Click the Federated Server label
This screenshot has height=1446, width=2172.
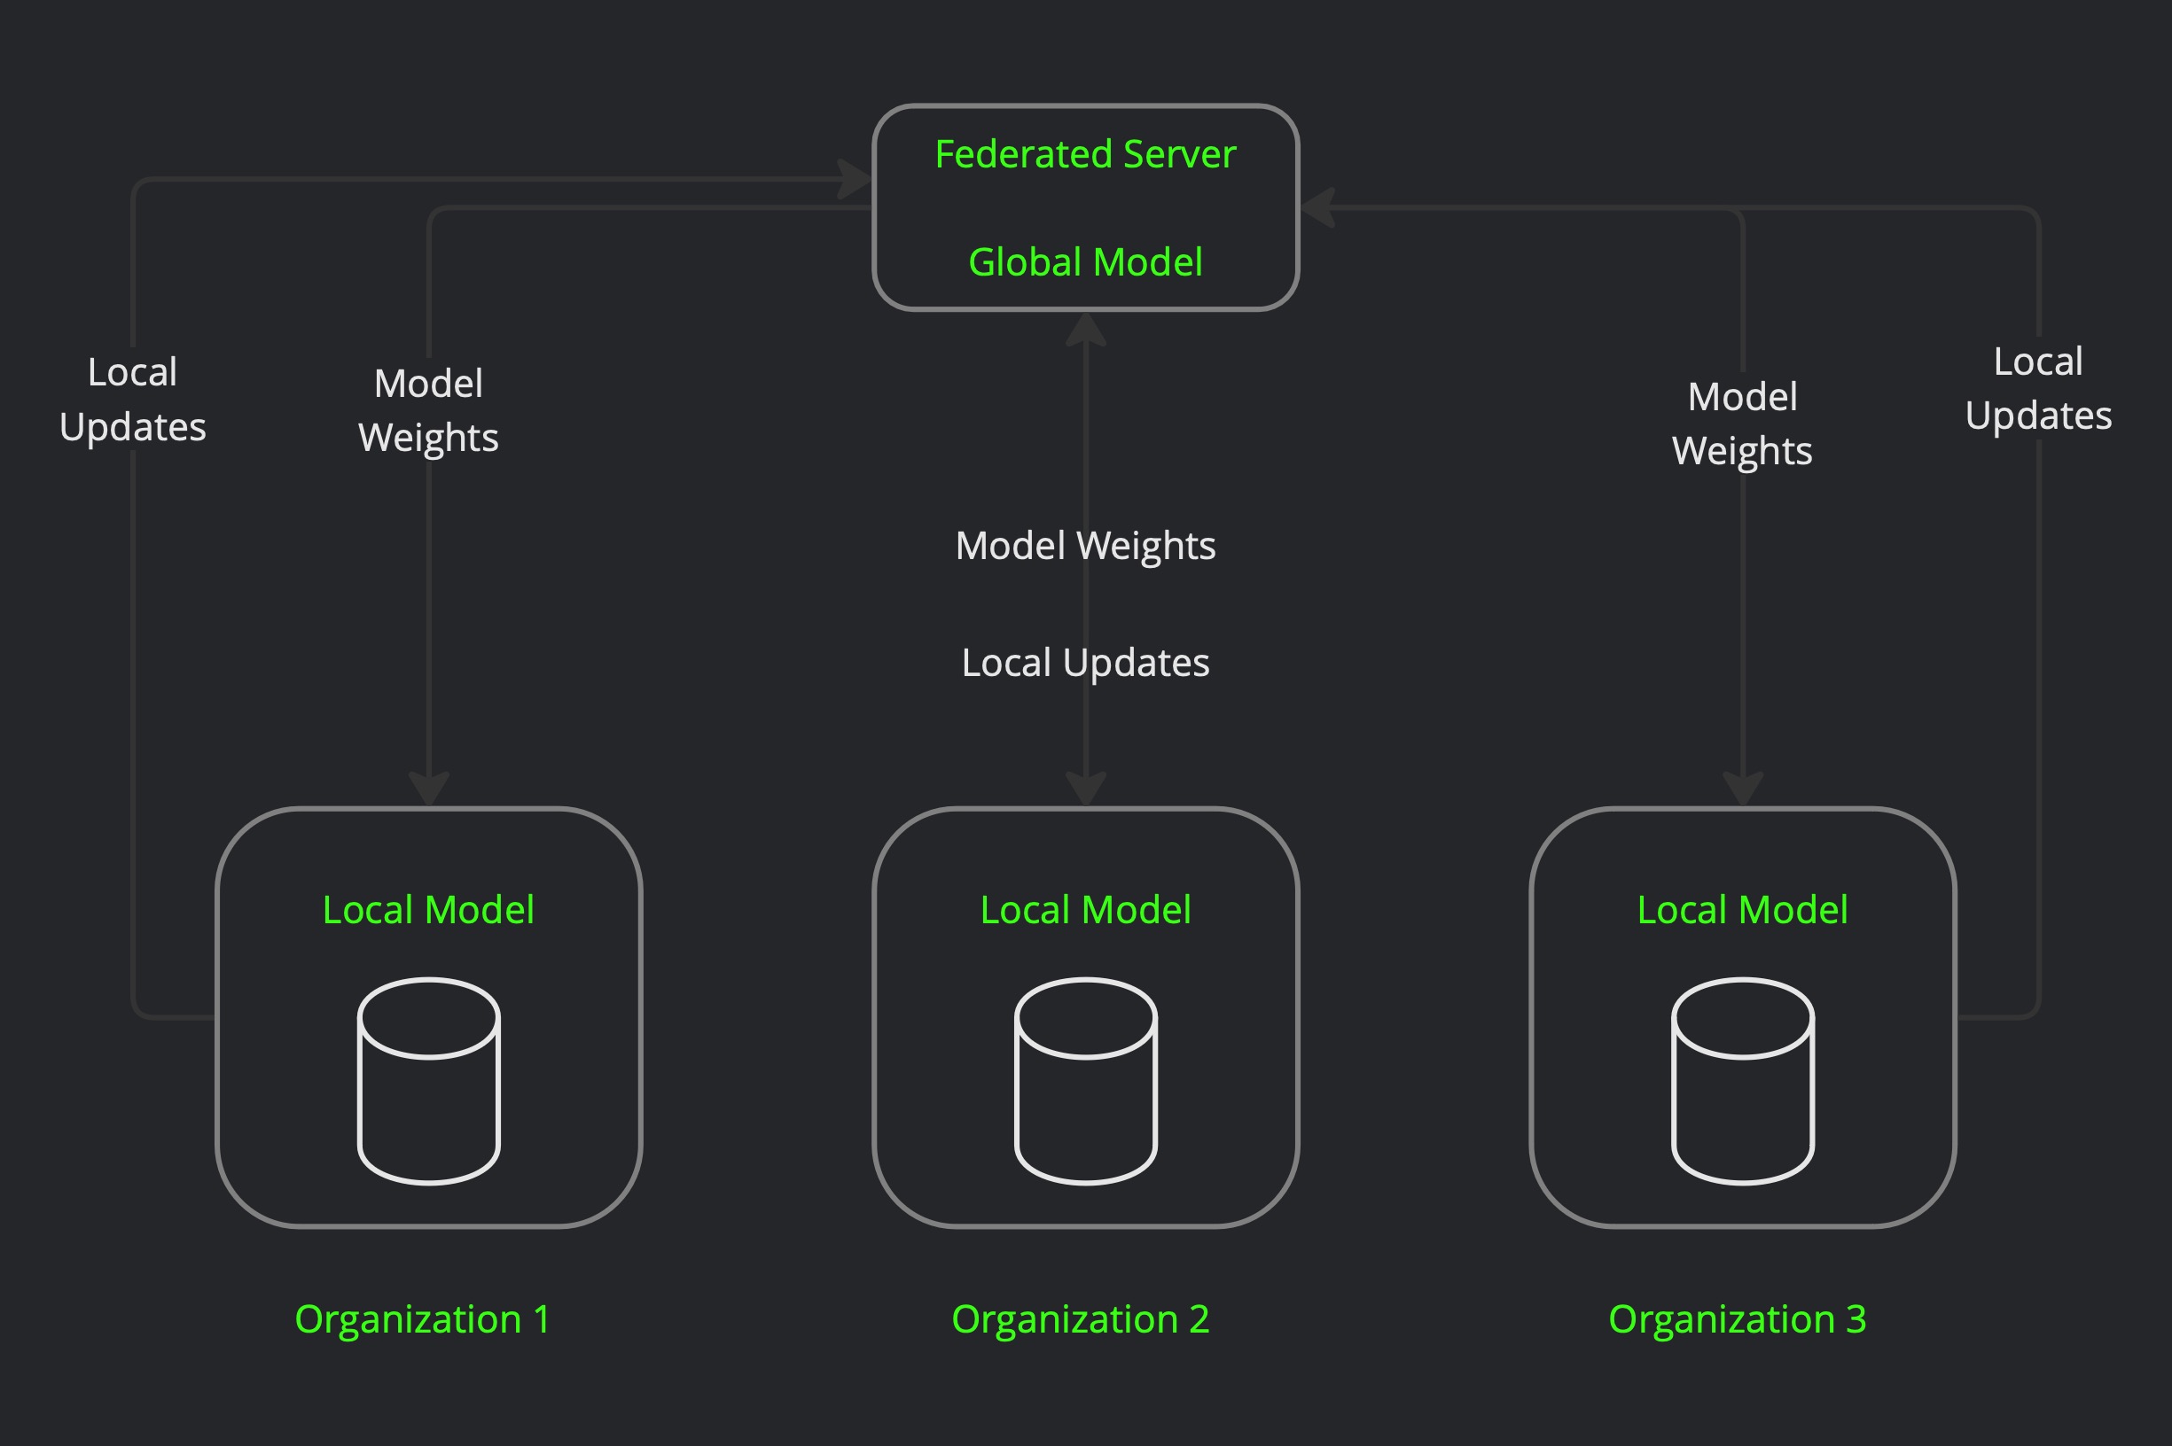click(1085, 154)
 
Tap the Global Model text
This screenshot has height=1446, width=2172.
click(1085, 262)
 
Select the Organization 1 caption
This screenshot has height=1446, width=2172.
click(423, 1318)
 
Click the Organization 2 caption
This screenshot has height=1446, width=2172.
click(1081, 1318)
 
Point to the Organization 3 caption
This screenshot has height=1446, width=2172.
click(1738, 1318)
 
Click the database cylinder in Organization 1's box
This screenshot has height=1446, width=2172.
click(429, 1081)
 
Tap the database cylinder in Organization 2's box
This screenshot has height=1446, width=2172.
click(1086, 1081)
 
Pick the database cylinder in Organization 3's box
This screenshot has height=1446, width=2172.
click(1743, 1081)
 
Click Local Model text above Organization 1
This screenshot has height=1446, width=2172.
click(428, 909)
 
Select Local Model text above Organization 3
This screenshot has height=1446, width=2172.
click(1742, 909)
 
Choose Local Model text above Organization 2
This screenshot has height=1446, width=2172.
click(1085, 909)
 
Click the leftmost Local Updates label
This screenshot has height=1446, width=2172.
click(133, 400)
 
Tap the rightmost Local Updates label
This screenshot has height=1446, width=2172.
click(2038, 388)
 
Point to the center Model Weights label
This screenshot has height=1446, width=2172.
click(1085, 545)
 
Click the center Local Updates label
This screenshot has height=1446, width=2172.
click(1085, 662)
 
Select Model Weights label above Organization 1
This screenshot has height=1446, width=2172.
click(428, 410)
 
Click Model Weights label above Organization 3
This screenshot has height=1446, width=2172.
click(1742, 424)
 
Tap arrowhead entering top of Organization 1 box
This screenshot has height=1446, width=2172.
click(429, 789)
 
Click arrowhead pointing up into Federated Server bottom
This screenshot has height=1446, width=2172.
click(1086, 329)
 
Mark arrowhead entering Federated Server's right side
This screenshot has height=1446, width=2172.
click(1316, 207)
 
